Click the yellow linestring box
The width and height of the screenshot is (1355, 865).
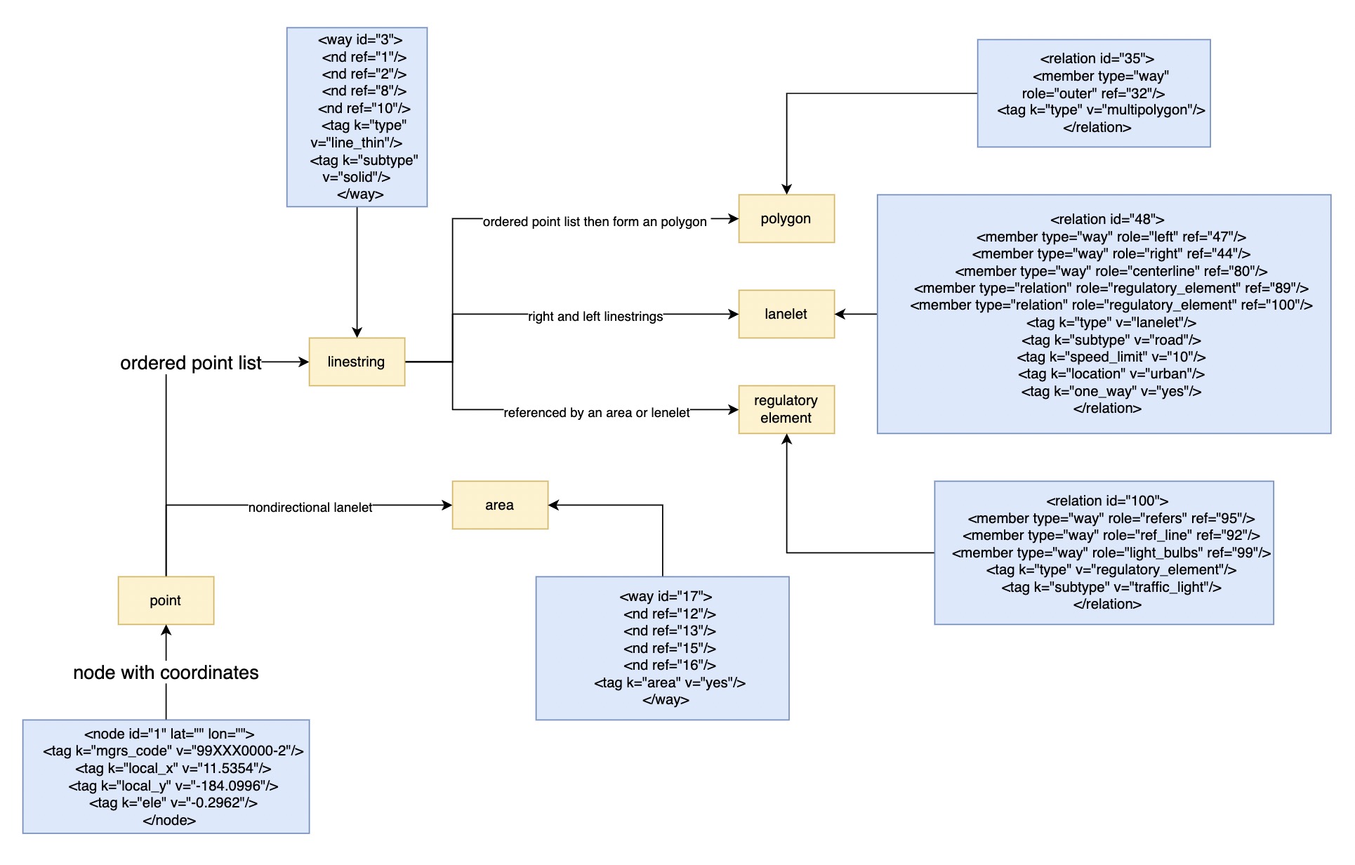click(x=357, y=362)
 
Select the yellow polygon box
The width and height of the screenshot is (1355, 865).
click(x=786, y=218)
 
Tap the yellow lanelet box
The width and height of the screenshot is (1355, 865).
click(x=786, y=314)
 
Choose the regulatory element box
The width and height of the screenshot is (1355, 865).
click(x=786, y=409)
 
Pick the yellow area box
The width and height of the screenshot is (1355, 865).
click(x=500, y=505)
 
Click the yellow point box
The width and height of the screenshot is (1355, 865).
click(x=166, y=600)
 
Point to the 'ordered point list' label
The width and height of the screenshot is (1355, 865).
click(x=190, y=363)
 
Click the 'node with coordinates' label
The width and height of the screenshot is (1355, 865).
click(x=166, y=673)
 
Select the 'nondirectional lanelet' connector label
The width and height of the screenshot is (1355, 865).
click(x=310, y=507)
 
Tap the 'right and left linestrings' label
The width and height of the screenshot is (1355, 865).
click(x=595, y=317)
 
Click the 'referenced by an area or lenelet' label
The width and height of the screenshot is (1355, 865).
click(x=597, y=413)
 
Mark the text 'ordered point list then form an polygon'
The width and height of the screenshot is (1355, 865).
click(x=595, y=222)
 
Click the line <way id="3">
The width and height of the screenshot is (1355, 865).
click(x=360, y=40)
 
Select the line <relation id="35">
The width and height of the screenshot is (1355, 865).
click(x=1097, y=58)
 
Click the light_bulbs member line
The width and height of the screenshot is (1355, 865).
click(x=1111, y=553)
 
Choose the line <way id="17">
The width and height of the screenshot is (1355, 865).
click(x=666, y=596)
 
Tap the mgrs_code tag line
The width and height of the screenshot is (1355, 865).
click(x=173, y=751)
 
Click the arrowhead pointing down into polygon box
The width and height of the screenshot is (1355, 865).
click(x=786, y=189)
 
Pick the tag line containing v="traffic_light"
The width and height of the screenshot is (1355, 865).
click(x=1111, y=587)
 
